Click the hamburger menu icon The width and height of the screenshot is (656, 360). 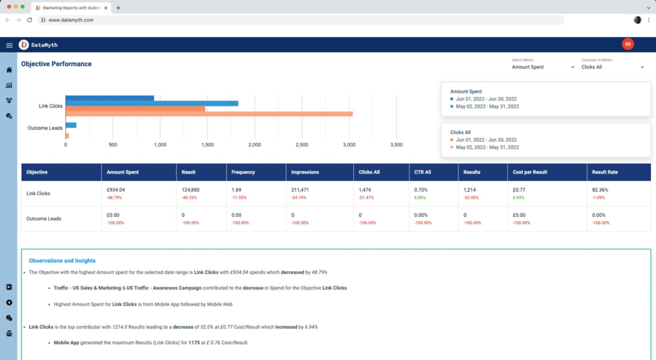pos(9,45)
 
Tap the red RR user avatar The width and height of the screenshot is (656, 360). pos(628,44)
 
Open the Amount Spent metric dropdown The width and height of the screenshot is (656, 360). pos(543,67)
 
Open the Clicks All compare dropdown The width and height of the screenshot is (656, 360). pos(612,67)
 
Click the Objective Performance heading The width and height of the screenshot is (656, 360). pos(56,64)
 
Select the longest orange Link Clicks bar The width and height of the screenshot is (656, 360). pos(209,114)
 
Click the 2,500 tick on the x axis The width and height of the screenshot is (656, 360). pos(302,145)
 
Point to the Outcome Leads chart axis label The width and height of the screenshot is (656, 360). pos(45,128)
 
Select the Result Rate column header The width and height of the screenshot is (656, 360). pos(604,172)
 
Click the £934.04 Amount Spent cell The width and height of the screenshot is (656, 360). pos(115,190)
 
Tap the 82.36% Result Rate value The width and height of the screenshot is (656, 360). pos(600,190)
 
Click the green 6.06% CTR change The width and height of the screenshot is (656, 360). pos(420,198)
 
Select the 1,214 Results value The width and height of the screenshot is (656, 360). pos(470,190)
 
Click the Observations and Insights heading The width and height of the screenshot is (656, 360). pos(62,261)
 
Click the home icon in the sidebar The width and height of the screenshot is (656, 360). pos(9,70)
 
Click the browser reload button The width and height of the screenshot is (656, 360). pos(29,20)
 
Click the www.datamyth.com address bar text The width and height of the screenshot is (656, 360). pos(71,20)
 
